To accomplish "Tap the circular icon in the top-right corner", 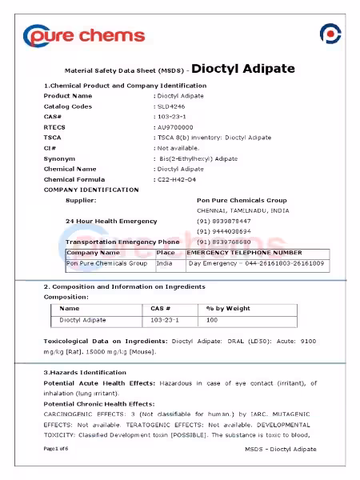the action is click(330, 34).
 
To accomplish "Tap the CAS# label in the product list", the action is click(53, 117).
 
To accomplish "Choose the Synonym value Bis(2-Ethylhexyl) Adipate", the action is click(198, 158).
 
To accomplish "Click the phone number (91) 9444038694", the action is click(224, 231).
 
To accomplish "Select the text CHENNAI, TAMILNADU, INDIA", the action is click(243, 210).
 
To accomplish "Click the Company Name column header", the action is click(93, 253).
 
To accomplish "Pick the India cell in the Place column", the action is click(165, 262).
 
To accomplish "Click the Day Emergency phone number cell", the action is click(256, 262).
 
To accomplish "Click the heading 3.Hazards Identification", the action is click(85, 372).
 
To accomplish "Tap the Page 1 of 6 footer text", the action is click(57, 449).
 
